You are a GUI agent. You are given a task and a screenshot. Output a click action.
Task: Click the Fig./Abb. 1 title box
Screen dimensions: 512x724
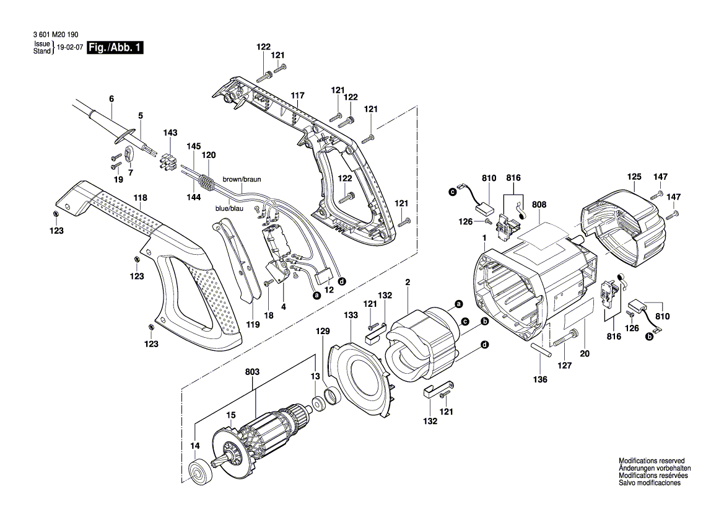click(115, 48)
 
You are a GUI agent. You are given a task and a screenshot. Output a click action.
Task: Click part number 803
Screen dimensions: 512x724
click(252, 372)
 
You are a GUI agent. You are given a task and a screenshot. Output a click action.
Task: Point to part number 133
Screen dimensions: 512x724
click(351, 316)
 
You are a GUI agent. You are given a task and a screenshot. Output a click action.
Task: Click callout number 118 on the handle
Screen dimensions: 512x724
click(141, 198)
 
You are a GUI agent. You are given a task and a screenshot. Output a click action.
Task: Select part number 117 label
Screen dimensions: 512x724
click(298, 95)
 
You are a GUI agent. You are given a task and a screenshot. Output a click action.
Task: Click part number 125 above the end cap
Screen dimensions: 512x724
click(634, 177)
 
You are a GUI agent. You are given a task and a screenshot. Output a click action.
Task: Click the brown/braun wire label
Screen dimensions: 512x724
click(242, 179)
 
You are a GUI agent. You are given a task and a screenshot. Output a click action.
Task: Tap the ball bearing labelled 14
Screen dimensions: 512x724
click(201, 472)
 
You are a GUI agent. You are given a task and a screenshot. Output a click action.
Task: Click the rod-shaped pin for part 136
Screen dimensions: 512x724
click(540, 347)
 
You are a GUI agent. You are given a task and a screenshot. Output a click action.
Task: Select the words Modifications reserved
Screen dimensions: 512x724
click(652, 461)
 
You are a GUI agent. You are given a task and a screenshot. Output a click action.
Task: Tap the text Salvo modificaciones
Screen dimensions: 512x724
click(650, 483)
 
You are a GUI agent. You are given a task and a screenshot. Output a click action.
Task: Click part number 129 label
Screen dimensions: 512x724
click(323, 332)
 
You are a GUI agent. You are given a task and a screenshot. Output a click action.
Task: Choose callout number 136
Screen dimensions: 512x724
click(541, 379)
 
